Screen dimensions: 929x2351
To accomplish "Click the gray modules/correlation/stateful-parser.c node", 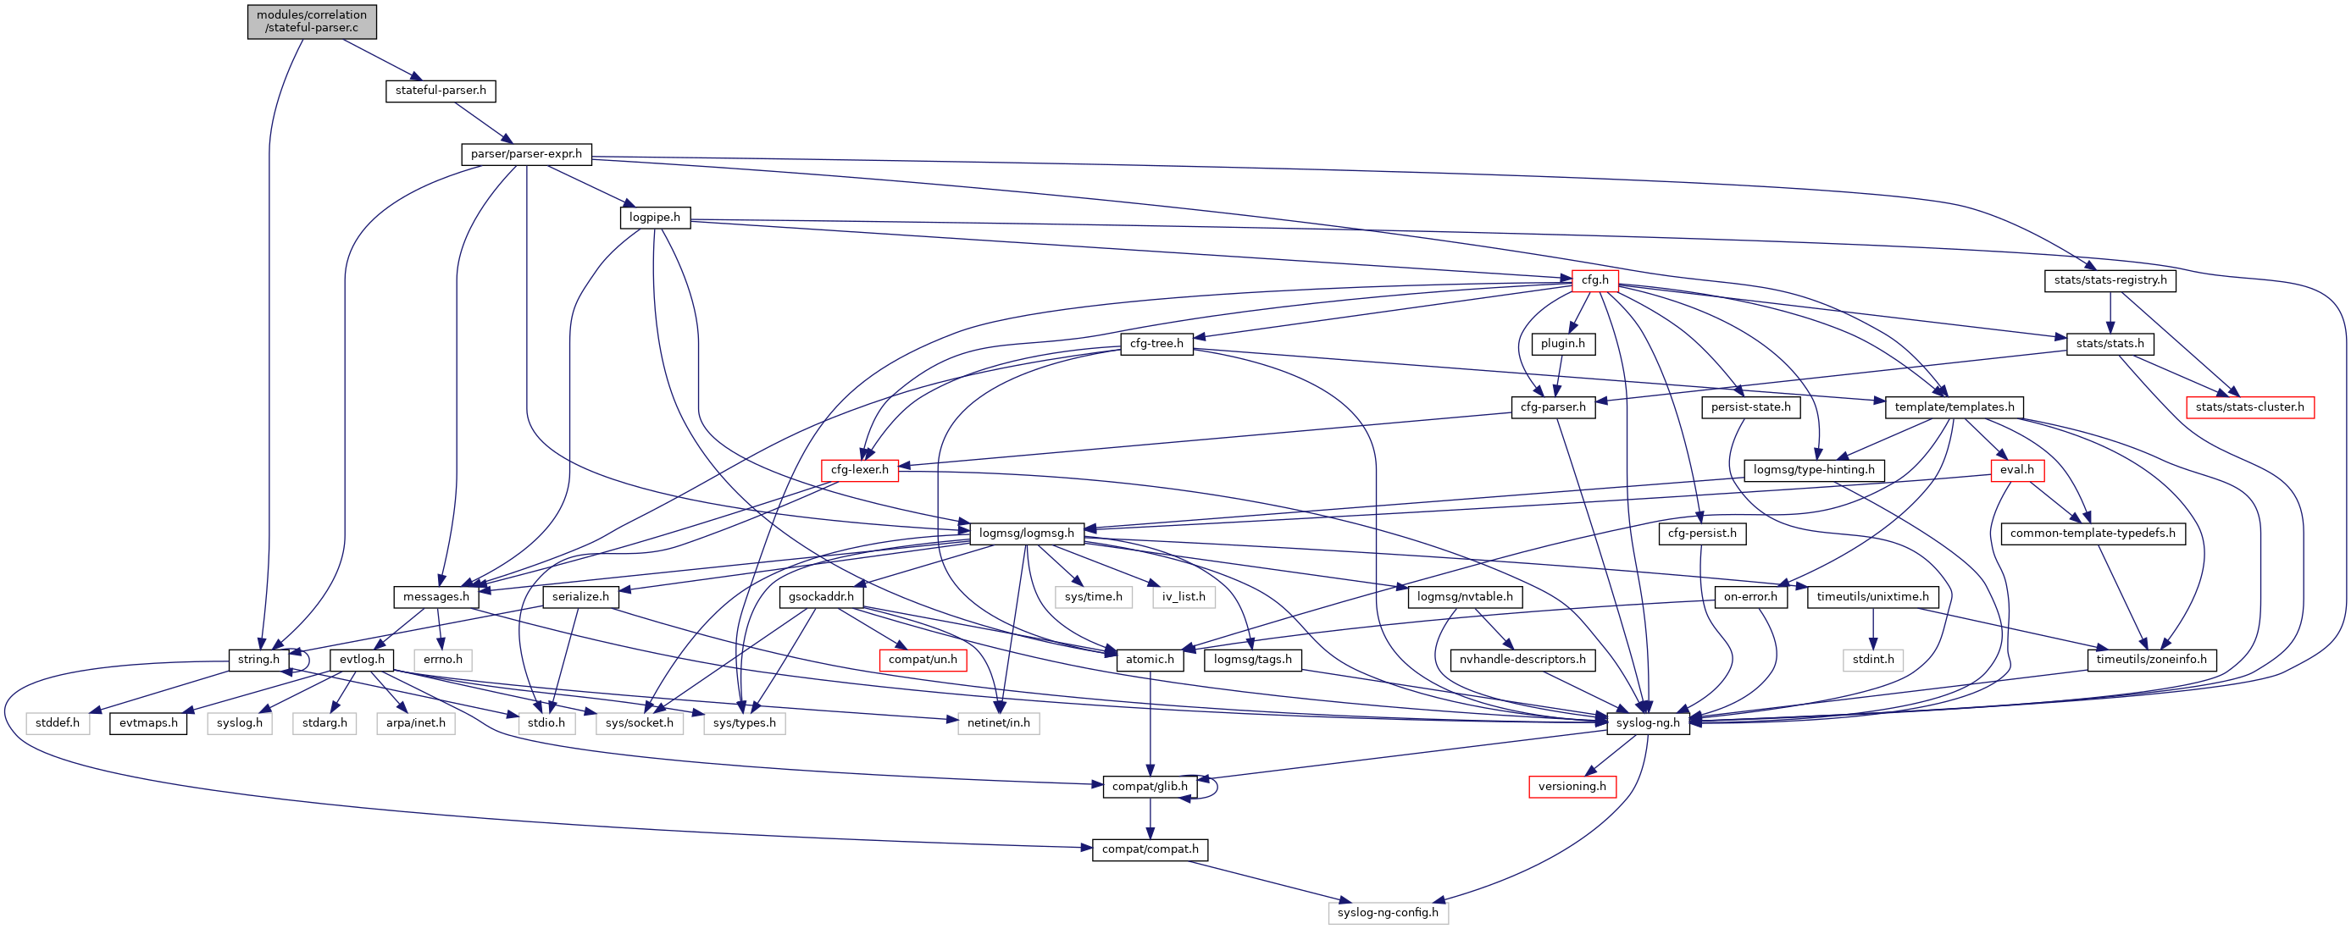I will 311,21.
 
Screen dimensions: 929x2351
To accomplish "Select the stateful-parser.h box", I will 440,91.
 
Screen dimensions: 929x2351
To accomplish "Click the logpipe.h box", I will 654,217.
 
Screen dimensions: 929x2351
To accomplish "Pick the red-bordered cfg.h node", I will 1594,280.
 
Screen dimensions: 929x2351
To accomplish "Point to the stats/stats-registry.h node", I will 2110,280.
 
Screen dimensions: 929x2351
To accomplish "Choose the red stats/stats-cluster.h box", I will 2248,407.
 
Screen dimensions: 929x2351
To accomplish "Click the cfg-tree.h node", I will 1156,344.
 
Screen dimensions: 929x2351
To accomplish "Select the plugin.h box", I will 1562,344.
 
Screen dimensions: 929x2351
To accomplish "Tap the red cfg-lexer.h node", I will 859,470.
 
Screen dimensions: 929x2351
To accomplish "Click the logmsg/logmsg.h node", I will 1026,533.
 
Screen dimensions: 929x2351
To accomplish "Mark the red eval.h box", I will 2016,470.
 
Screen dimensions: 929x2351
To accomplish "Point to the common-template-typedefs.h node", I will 2092,533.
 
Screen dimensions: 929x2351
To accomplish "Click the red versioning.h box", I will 1572,787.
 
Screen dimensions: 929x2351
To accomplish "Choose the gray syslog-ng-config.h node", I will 1387,913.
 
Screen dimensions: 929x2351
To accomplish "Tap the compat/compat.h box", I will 1150,849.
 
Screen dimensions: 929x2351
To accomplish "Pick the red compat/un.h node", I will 923,660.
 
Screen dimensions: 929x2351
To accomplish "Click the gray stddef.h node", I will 58,722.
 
